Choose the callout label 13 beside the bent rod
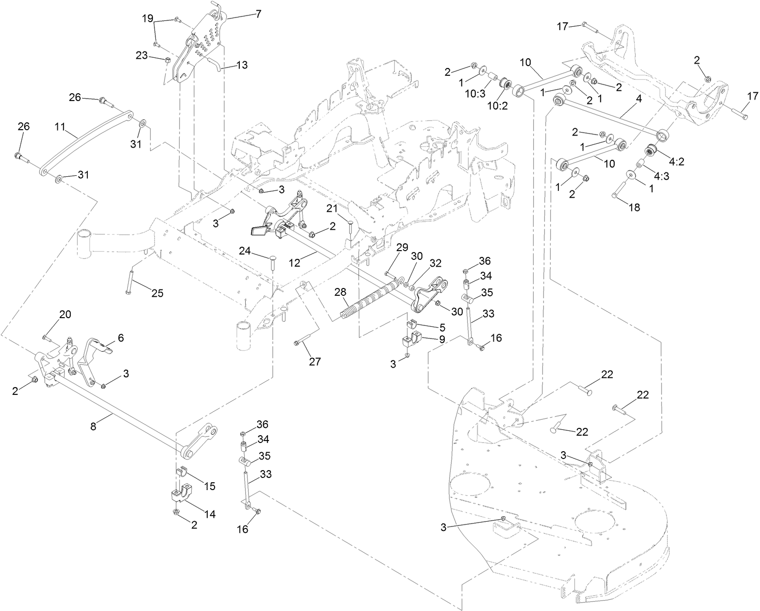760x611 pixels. pyautogui.click(x=242, y=65)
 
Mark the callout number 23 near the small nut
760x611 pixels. pyautogui.click(x=142, y=55)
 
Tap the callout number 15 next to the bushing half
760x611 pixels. pyautogui.click(x=210, y=485)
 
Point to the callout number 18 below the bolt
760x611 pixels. pyautogui.click(x=634, y=207)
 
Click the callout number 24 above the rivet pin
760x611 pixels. pyautogui.click(x=245, y=251)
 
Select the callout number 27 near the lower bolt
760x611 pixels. pyautogui.click(x=315, y=361)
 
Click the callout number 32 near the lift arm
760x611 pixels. pyautogui.click(x=435, y=263)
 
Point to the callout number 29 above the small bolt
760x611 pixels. pyautogui.click(x=402, y=248)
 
